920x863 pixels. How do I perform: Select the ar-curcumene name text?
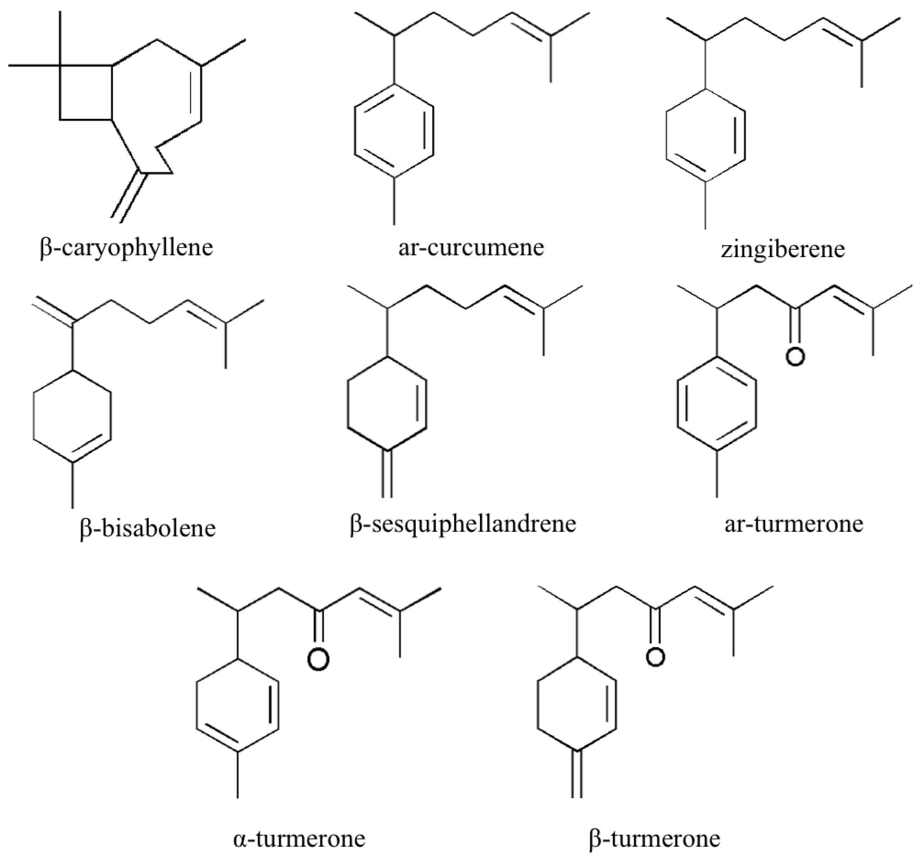(471, 247)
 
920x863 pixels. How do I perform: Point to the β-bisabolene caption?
(148, 528)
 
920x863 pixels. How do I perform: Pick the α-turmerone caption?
(299, 838)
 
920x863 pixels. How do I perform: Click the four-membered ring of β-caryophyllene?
(86, 93)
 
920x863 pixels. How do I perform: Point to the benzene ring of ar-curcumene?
(394, 131)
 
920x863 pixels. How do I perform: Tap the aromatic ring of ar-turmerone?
(717, 403)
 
